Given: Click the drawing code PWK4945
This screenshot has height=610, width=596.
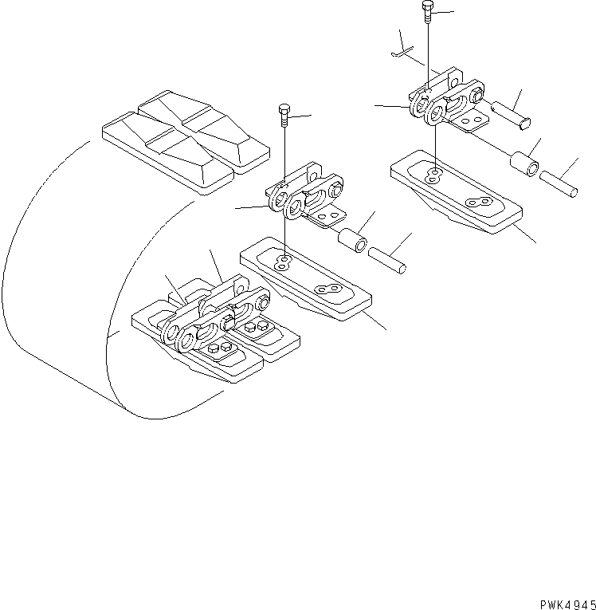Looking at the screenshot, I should point(562,603).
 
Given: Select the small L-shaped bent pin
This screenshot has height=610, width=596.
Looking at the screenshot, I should point(402,49).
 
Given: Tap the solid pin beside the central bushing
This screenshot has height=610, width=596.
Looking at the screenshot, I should point(387,259).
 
